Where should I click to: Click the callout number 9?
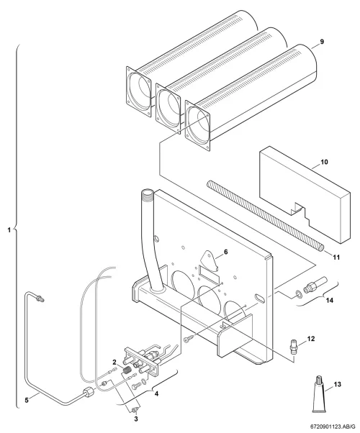coord(322,42)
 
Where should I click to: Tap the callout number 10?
coord(324,162)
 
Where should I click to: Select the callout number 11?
coord(336,257)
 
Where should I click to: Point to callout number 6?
coord(226,252)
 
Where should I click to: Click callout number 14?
coord(330,300)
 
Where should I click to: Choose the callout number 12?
coord(311,339)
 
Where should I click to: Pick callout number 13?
coord(338,384)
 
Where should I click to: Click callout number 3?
coord(136,419)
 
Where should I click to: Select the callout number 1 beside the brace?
coord(9,229)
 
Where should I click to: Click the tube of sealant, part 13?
coord(318,394)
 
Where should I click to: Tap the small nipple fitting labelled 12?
coord(294,345)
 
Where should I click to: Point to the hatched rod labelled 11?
coord(266,216)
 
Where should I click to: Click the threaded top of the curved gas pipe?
coord(147,194)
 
